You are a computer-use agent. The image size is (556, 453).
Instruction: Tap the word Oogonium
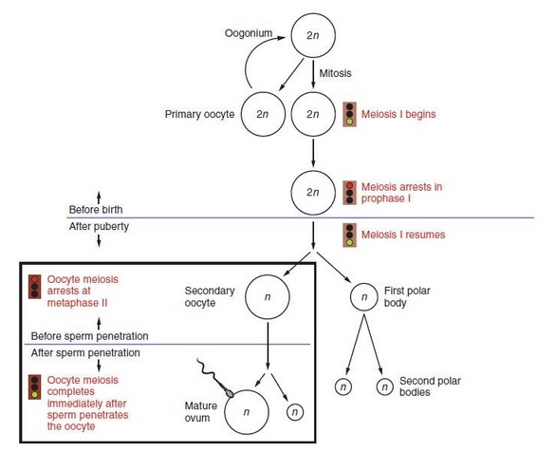(249, 33)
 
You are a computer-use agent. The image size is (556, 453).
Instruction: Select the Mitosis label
(335, 73)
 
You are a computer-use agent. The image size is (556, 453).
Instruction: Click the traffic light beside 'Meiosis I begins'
(349, 114)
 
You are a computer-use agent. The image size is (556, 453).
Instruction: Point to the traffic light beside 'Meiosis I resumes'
(349, 235)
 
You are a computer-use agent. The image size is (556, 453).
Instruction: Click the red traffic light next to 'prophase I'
(349, 193)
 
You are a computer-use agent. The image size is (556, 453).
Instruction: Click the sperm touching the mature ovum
(214, 377)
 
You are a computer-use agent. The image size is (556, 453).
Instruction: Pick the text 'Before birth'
(96, 210)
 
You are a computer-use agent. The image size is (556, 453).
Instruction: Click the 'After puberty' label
(99, 226)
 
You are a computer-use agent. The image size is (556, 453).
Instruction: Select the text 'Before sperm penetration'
(90, 336)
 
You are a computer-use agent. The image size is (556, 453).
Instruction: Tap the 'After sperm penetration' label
(85, 353)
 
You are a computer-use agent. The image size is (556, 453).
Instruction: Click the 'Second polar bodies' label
(430, 387)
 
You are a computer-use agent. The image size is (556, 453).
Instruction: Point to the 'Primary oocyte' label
(199, 114)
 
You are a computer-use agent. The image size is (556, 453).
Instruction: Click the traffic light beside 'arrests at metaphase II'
(35, 287)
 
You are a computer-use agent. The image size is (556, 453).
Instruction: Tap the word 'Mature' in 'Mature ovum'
(201, 406)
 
